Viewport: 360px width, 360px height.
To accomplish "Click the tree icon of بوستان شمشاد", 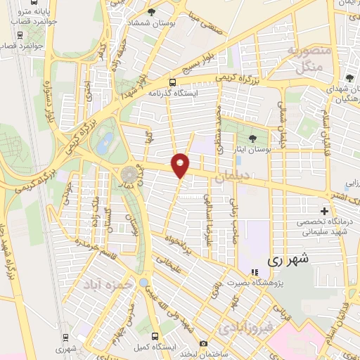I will pos(153,12).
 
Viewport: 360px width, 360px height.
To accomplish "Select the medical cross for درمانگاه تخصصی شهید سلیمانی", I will pos(324,211).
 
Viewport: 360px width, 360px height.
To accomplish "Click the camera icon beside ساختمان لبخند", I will pos(203,344).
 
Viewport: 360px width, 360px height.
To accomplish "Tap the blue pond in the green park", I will pos(103,144).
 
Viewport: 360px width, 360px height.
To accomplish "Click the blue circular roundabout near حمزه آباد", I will pos(143,283).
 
